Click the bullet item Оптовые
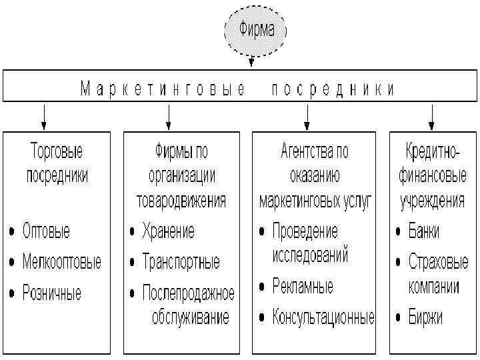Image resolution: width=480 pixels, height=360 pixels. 46,231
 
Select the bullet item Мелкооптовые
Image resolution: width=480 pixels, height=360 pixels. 61,261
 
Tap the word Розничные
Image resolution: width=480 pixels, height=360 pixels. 52,292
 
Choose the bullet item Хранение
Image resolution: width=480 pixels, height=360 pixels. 168,231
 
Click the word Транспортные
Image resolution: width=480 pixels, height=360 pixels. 181,261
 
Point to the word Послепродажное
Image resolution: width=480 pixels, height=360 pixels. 188,292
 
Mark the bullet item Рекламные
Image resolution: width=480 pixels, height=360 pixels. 303,287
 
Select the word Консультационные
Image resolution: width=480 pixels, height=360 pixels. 323,316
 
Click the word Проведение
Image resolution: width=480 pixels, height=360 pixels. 305,231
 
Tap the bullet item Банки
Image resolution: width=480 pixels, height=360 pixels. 424,231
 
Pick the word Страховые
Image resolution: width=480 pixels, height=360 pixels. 438,261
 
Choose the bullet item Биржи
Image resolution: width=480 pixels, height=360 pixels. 425,316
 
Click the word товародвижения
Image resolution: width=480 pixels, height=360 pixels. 181,200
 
